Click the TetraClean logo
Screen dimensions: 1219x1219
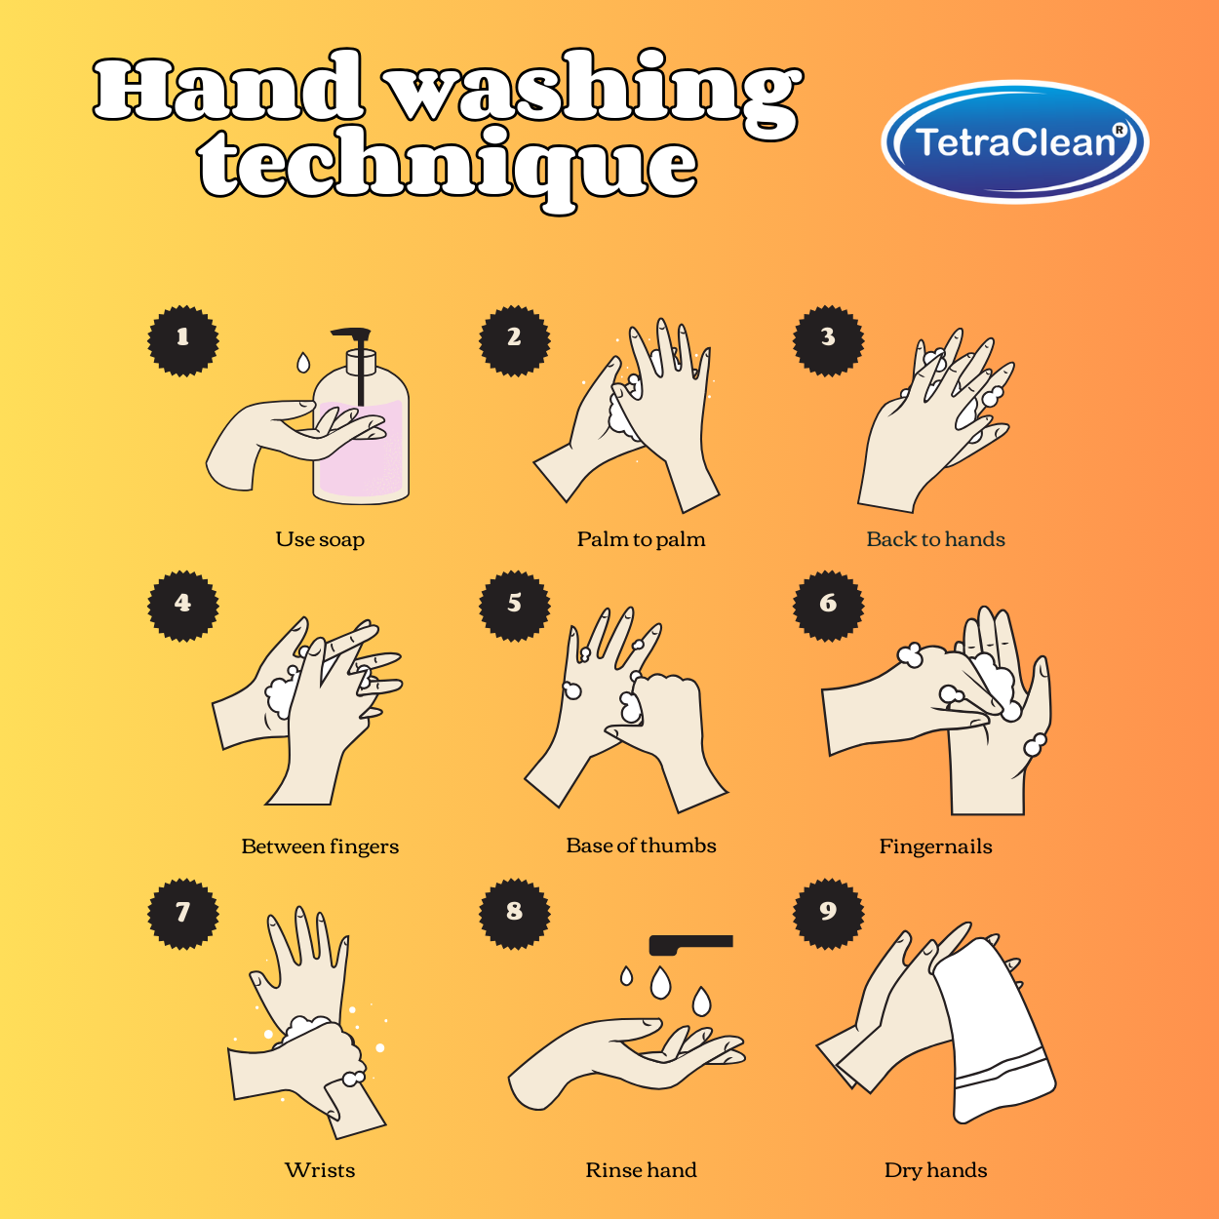[1014, 142]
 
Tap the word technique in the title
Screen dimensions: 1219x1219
[449, 166]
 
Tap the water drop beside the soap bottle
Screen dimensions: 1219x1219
[303, 363]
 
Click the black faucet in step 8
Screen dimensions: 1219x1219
[690, 943]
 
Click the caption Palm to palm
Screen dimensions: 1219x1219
[641, 539]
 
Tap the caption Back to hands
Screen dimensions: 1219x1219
[935, 539]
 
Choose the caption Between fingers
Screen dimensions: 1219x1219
[320, 846]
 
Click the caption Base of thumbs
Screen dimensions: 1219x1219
[641, 845]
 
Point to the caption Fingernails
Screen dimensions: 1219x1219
[935, 846]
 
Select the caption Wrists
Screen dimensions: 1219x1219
[320, 1170]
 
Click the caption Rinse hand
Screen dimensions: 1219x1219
[641, 1170]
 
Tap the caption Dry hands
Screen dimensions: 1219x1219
[935, 1170]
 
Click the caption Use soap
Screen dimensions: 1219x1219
[320, 539]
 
